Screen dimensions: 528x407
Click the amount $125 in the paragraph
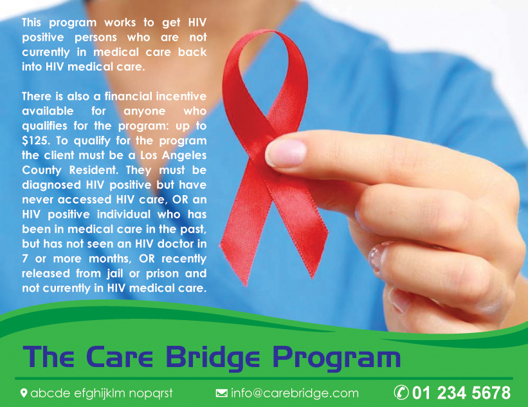pos(36,140)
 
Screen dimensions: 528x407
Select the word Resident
pos(94,170)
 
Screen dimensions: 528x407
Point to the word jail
pos(115,274)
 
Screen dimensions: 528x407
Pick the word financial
pos(128,97)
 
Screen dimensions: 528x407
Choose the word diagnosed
pos(51,185)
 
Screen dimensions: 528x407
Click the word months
pos(110,259)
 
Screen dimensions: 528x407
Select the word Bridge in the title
pos(213,357)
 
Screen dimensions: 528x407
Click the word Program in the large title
pos(336,357)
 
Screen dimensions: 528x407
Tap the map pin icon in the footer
pos(24,393)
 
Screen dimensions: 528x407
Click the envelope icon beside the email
pos(221,393)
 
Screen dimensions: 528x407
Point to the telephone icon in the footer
pos(401,392)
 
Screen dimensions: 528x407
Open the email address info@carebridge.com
pos(295,393)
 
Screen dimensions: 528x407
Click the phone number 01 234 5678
pos(461,393)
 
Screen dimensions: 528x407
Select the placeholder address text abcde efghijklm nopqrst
pos(102,393)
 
